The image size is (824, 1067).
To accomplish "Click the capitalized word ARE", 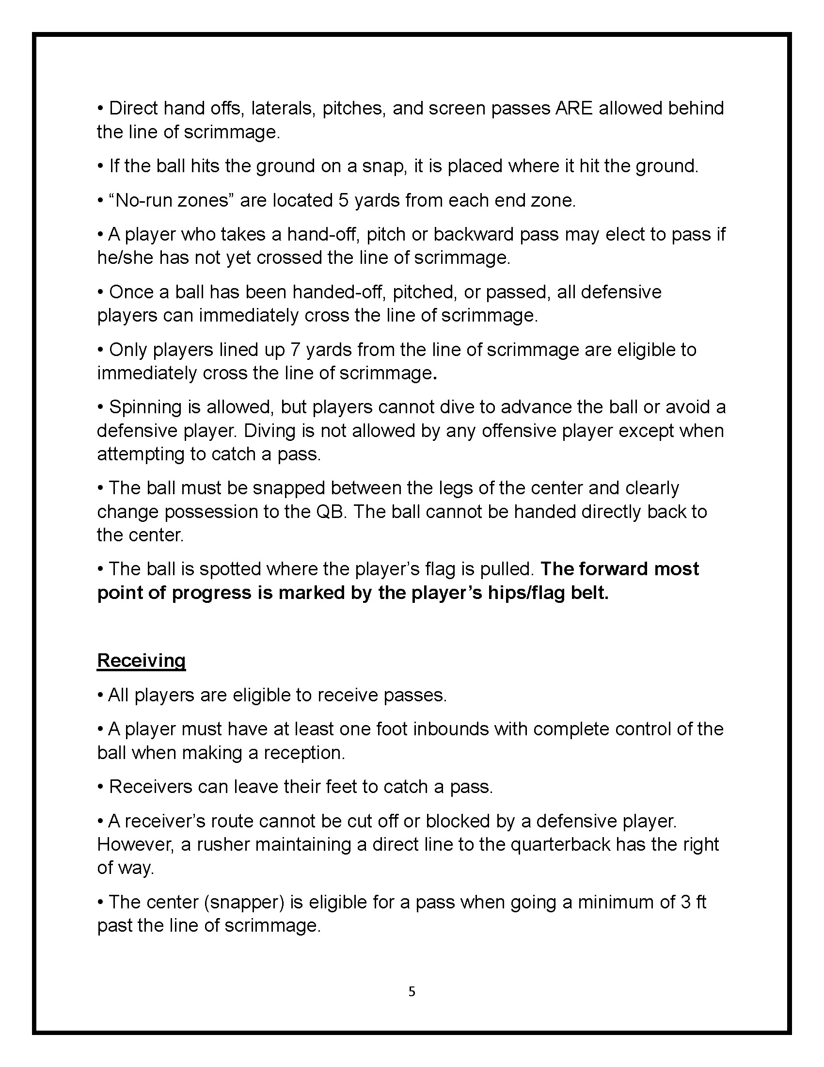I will pyautogui.click(x=574, y=109).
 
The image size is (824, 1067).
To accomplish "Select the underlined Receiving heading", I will pyautogui.click(x=141, y=660).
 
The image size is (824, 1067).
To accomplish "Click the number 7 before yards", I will pyautogui.click(x=295, y=350).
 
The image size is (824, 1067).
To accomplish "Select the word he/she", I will pyautogui.click(x=126, y=258).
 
